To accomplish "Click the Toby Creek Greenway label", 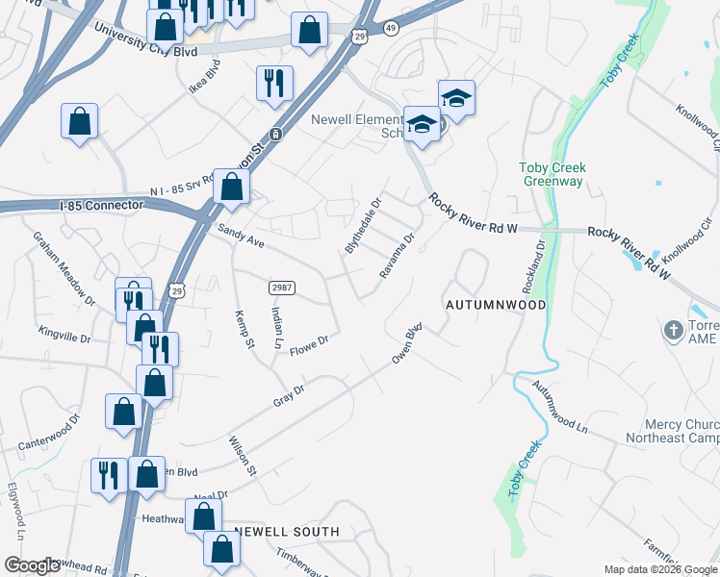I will point(553,174).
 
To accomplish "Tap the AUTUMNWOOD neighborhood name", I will point(496,305).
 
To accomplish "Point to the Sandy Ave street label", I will point(241,237).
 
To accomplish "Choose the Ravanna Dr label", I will point(397,255).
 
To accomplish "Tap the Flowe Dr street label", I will point(310,341).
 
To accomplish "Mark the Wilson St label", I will point(242,456).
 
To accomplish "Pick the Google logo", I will point(31,564).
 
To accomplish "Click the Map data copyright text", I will point(659,569).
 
